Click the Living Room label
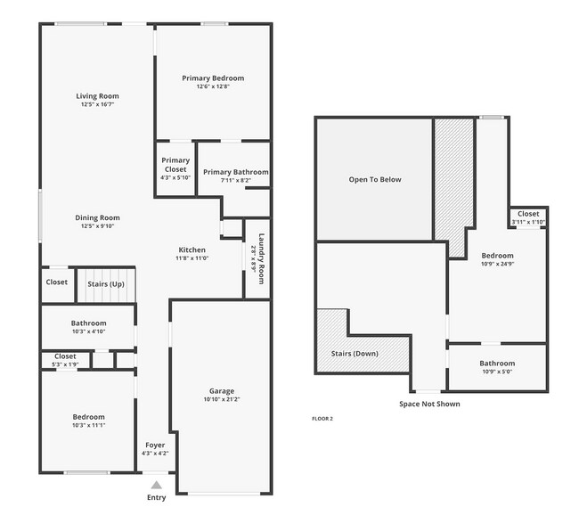click(97, 96)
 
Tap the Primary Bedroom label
click(213, 78)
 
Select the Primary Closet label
click(175, 165)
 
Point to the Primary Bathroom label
click(235, 172)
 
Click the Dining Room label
click(97, 217)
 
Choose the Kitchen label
click(192, 250)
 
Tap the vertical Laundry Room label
click(262, 258)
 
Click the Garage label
click(222, 390)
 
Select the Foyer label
click(155, 445)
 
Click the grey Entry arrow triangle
click(157, 485)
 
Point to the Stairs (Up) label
click(105, 283)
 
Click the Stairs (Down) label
click(355, 354)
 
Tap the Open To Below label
click(374, 180)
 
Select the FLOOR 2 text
click(322, 418)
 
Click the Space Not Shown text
click(429, 404)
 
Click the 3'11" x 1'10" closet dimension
click(528, 222)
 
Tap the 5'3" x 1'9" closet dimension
click(65, 364)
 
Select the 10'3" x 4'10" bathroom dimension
click(88, 331)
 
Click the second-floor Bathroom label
click(496, 363)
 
